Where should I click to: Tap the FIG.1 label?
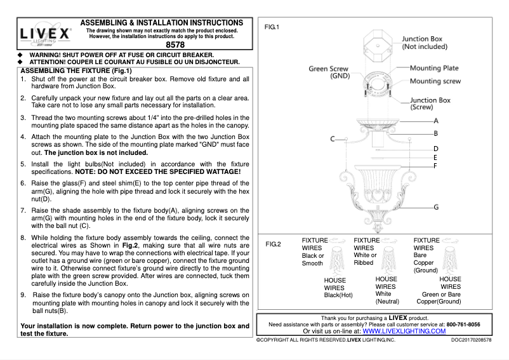pyautogui.click(x=272, y=27)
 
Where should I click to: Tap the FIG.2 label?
pyautogui.click(x=272, y=244)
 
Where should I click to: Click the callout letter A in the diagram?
pyautogui.click(x=436, y=120)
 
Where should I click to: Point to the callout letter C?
pyautogui.click(x=332, y=138)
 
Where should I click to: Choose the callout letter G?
pyautogui.click(x=436, y=207)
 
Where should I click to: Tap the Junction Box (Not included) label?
pyautogui.click(x=426, y=43)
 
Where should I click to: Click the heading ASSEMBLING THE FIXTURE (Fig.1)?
pyautogui.click(x=72, y=70)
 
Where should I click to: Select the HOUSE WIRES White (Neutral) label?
pyautogui.click(x=387, y=290)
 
